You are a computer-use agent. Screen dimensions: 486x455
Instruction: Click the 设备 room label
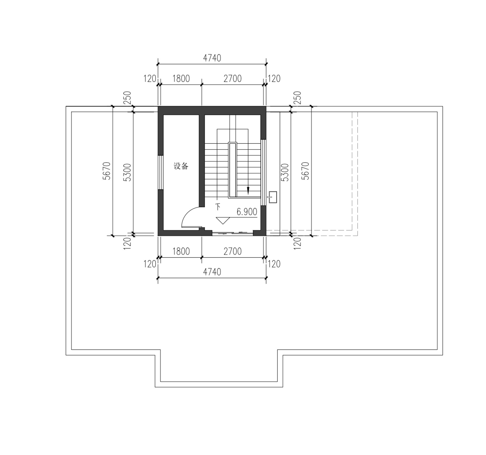click(x=181, y=166)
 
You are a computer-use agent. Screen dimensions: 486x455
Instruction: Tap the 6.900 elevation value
click(x=247, y=212)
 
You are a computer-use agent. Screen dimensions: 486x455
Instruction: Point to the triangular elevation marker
click(x=223, y=221)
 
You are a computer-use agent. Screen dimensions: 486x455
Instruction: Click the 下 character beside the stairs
click(x=218, y=207)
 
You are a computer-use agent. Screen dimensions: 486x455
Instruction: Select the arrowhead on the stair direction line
click(x=248, y=190)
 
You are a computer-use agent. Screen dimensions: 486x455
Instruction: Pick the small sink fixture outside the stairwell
click(x=273, y=197)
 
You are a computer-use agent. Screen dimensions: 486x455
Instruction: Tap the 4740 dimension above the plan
click(x=212, y=58)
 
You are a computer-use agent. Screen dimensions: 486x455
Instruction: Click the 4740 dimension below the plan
click(x=212, y=272)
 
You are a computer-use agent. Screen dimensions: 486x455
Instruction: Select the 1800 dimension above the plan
click(x=181, y=78)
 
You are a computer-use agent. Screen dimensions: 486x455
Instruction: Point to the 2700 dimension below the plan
click(x=233, y=251)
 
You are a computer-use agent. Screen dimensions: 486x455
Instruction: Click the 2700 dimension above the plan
click(x=233, y=78)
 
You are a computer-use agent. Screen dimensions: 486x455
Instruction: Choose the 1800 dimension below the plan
click(x=181, y=251)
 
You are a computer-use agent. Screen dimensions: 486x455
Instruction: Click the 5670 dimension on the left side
click(x=107, y=171)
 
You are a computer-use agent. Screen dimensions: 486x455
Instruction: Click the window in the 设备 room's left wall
click(x=160, y=173)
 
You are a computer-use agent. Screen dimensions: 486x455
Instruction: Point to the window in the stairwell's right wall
click(x=263, y=173)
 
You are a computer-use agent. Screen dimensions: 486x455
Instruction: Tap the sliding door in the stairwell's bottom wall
click(x=233, y=233)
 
